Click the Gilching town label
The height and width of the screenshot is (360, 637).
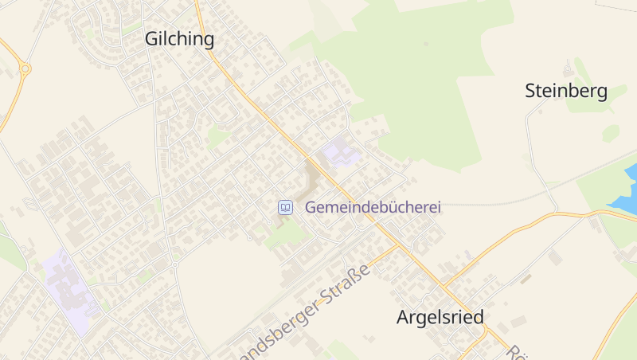(179, 39)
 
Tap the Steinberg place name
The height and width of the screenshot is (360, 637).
(566, 91)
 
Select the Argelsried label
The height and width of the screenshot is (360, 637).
(440, 317)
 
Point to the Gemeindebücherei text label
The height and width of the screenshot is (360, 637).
(373, 207)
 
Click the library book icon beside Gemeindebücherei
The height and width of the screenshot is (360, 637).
(284, 207)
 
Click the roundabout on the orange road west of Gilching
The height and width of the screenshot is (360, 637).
(25, 69)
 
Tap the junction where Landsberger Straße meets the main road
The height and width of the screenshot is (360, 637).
(398, 245)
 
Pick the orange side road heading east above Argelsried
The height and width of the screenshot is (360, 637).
(510, 235)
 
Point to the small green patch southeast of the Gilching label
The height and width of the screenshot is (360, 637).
(217, 137)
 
